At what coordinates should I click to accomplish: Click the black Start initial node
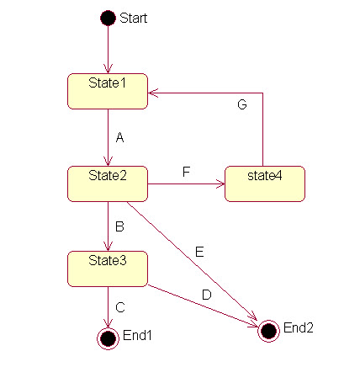pyautogui.click(x=108, y=18)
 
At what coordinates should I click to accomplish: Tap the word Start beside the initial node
pyautogui.click(x=134, y=19)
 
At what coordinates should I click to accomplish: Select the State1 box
pyautogui.click(x=108, y=91)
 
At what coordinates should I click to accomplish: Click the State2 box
pyautogui.click(x=108, y=183)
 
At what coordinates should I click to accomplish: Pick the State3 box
pyautogui.click(x=108, y=269)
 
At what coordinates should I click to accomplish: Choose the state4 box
pyautogui.click(x=265, y=183)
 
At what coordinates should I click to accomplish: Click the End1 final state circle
pyautogui.click(x=108, y=338)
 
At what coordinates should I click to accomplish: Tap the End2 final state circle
pyautogui.click(x=268, y=331)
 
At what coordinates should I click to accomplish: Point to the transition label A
pyautogui.click(x=120, y=137)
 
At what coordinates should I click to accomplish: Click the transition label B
pyautogui.click(x=119, y=226)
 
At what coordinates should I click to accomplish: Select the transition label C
pyautogui.click(x=120, y=307)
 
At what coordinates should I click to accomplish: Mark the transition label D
pyautogui.click(x=207, y=295)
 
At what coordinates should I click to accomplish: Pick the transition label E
pyautogui.click(x=199, y=252)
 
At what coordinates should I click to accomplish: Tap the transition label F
pyautogui.click(x=187, y=172)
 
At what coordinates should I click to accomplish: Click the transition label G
pyautogui.click(x=242, y=104)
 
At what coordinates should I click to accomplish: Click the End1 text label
pyautogui.click(x=137, y=335)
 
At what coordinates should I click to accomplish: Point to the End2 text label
pyautogui.click(x=299, y=327)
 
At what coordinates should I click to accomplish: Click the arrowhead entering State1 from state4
pyautogui.click(x=153, y=93)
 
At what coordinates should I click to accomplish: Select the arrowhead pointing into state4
pyautogui.click(x=220, y=184)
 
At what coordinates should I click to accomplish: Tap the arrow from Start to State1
pyautogui.click(x=108, y=50)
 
